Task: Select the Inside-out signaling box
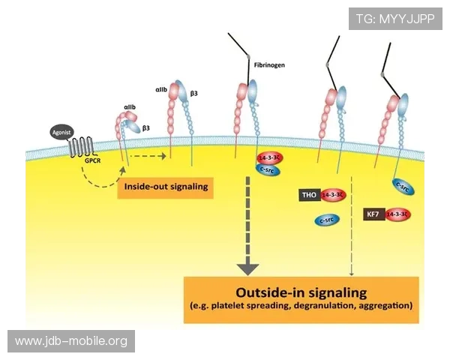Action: [x=165, y=186]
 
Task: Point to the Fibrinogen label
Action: [x=269, y=65]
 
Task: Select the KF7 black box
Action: [x=373, y=214]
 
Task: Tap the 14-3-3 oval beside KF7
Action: [x=397, y=214]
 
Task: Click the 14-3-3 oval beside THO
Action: [x=332, y=196]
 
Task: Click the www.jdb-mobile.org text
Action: [x=71, y=341]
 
